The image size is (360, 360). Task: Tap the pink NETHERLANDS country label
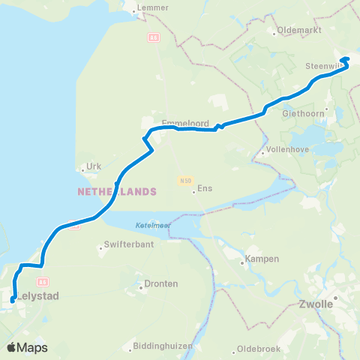tap(117, 191)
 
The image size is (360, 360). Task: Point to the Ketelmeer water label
tap(154, 226)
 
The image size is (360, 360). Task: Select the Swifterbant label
tap(127, 245)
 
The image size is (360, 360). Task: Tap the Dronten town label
tap(162, 284)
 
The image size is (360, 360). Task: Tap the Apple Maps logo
tap(27, 347)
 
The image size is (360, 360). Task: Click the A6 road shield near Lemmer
tap(154, 37)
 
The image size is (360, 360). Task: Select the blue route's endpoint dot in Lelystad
tap(13, 301)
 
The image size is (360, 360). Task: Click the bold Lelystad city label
tap(37, 296)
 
